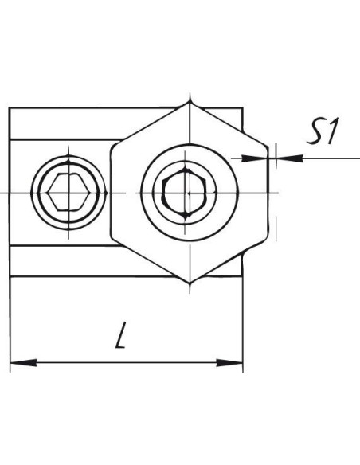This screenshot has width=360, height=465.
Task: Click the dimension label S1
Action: tap(323, 131)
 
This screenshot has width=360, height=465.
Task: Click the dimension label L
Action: tap(121, 334)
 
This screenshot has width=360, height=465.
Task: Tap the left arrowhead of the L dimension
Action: tap(23, 362)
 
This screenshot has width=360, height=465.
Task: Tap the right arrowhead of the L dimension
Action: tap(229, 362)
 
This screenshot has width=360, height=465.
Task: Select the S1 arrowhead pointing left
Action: tap(290, 158)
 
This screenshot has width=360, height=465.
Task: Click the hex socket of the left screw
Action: tap(68, 192)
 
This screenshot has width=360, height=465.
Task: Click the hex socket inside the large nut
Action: tap(186, 193)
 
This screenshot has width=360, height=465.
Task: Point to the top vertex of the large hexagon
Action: tap(190, 102)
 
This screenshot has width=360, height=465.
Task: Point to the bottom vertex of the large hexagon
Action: tap(190, 283)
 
